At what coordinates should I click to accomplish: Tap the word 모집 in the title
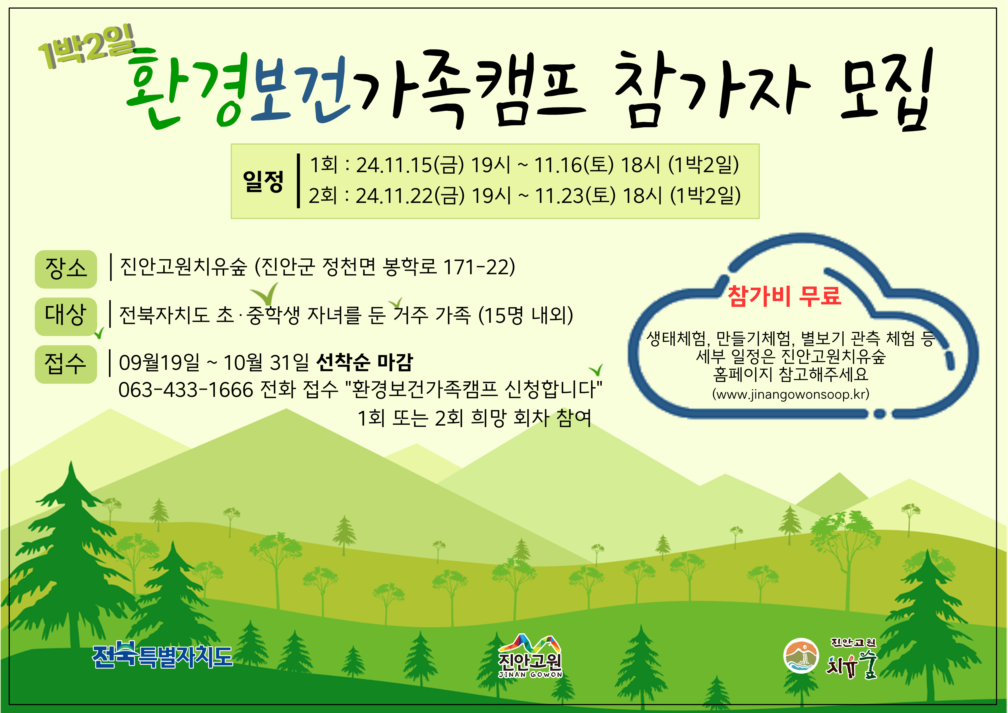(886, 90)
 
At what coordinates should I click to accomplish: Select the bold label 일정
(263, 181)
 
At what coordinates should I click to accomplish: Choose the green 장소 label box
(66, 269)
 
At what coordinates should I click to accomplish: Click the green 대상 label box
(66, 316)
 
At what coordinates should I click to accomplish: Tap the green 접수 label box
(66, 364)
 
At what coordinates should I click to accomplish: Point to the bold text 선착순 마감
(364, 362)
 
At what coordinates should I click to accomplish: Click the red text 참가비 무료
(784, 295)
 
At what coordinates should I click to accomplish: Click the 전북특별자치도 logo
(162, 656)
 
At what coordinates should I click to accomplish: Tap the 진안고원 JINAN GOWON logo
(530, 656)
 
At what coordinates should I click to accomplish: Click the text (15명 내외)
(526, 315)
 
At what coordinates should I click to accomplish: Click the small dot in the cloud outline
(879, 414)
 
